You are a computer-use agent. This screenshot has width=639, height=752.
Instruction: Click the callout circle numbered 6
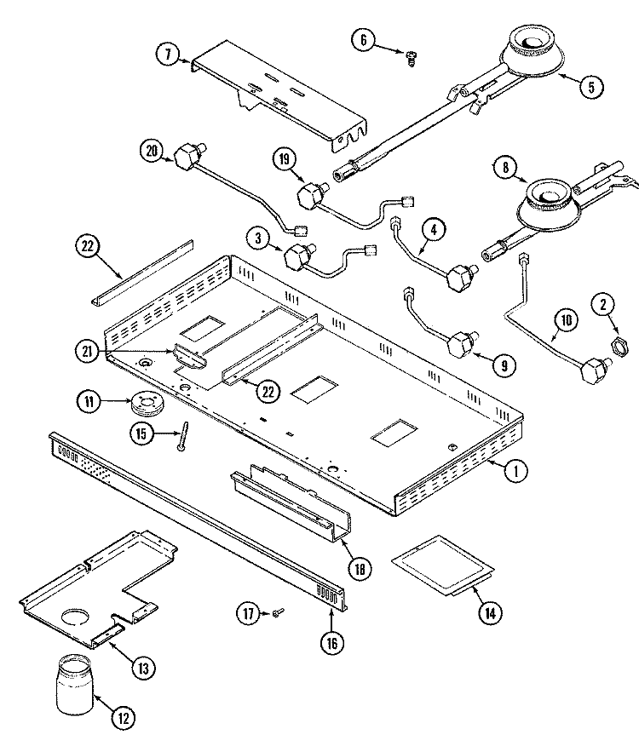click(364, 40)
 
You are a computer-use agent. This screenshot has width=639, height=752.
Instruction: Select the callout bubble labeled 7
click(167, 54)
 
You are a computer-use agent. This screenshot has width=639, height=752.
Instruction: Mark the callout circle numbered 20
click(153, 150)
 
